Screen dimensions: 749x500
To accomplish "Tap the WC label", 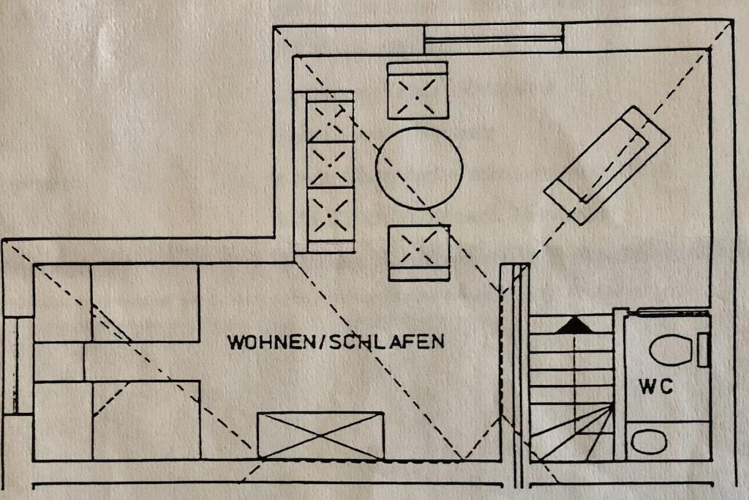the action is pyautogui.click(x=656, y=387).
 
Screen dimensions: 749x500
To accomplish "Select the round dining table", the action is pyautogui.click(x=419, y=168).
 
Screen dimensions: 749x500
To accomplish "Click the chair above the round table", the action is pyautogui.click(x=418, y=90).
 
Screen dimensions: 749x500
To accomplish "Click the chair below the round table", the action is pyautogui.click(x=419, y=253).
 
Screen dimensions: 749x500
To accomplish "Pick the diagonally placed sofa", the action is pyautogui.click(x=607, y=165).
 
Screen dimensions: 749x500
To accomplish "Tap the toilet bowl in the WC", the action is pyautogui.click(x=671, y=351).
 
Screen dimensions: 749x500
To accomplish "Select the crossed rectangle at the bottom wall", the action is pyautogui.click(x=320, y=436).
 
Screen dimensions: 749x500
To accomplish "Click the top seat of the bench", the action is pyautogui.click(x=330, y=121).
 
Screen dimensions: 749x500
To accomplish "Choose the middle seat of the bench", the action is pyautogui.click(x=330, y=165).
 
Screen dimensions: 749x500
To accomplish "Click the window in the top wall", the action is pyautogui.click(x=494, y=39).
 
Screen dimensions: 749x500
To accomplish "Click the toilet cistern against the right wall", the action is pyautogui.click(x=702, y=351).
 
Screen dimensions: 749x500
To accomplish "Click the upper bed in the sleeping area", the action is pyautogui.click(x=116, y=303).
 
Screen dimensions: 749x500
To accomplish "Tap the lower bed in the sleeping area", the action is pyautogui.click(x=117, y=420).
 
